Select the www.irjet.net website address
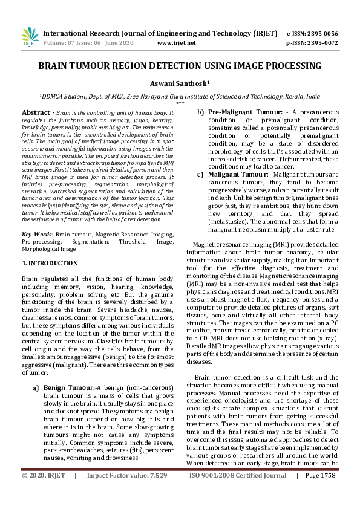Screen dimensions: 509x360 (176, 44)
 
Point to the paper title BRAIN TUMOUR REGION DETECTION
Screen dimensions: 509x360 (180, 66)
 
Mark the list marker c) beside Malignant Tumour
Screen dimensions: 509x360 (200, 175)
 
